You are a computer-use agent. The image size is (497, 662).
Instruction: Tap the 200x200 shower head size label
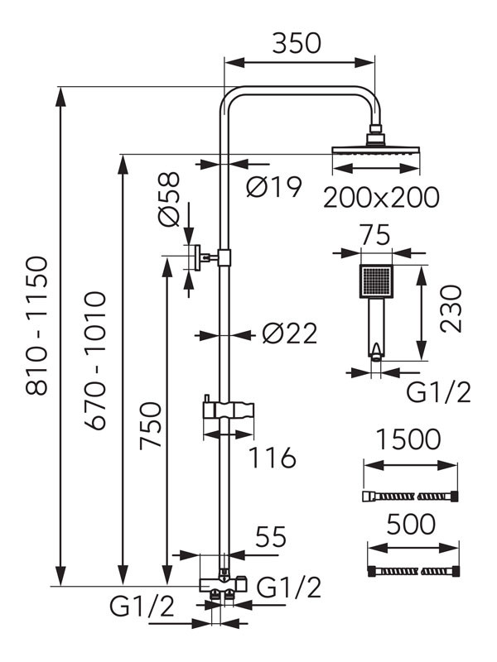tap(380, 198)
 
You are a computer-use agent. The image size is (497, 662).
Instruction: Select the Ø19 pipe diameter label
tap(273, 188)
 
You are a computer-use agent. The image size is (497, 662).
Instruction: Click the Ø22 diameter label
tap(289, 333)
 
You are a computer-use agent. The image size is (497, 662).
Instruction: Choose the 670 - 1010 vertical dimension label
tap(97, 359)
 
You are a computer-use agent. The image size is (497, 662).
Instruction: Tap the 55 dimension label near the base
tap(270, 537)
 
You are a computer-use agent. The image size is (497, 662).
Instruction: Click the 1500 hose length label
tap(408, 439)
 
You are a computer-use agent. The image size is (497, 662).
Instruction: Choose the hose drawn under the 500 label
tap(412, 571)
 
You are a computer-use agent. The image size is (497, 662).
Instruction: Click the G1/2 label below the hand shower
tap(439, 391)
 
